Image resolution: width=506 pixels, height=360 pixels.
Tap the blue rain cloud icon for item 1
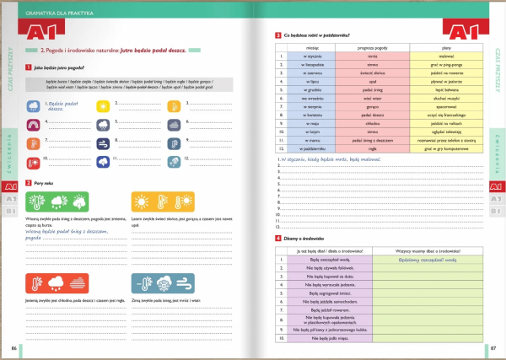point(32,107)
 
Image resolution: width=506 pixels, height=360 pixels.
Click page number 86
point(13,347)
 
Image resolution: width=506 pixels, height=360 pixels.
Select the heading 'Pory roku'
point(45,183)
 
